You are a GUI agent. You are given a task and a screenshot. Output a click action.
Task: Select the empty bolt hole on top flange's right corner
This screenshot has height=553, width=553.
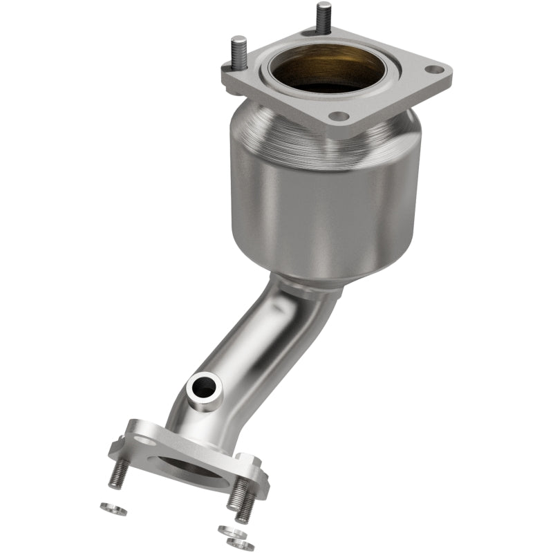433,71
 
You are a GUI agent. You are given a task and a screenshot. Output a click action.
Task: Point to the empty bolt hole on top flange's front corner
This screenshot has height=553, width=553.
337,117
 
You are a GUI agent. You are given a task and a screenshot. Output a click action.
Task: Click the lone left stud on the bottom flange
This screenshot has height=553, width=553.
119,474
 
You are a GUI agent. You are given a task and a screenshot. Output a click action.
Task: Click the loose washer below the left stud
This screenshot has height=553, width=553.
113,509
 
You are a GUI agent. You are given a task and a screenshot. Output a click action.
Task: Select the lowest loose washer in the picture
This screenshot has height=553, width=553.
240,543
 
